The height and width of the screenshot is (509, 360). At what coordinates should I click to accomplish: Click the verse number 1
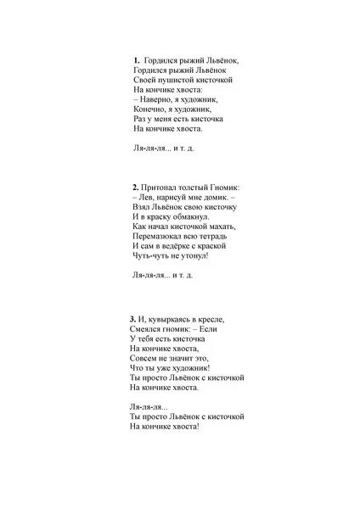[136, 60]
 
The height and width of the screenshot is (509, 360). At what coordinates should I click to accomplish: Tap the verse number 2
[135, 186]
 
